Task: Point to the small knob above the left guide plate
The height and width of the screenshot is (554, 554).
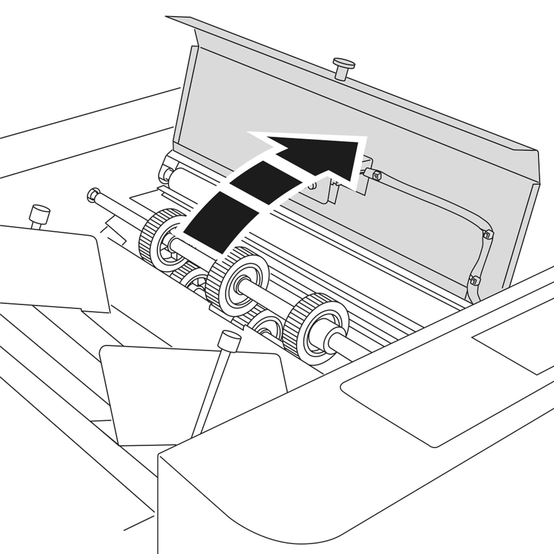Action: tap(40, 214)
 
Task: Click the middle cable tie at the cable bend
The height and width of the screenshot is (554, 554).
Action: tap(488, 234)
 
